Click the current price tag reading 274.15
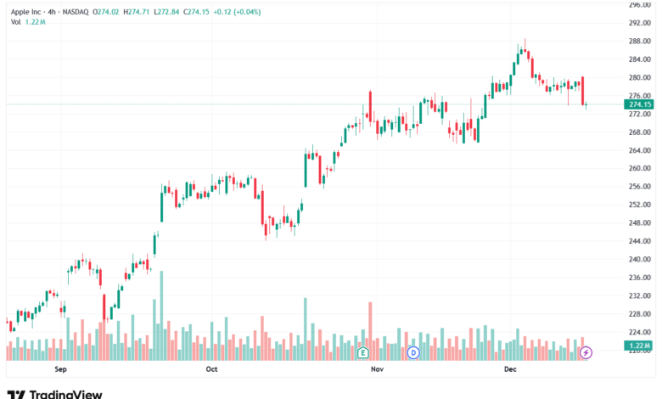pyautogui.click(x=637, y=104)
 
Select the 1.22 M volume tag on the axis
pyautogui.click(x=637, y=346)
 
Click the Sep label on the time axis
pyautogui.click(x=60, y=369)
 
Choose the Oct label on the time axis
pyautogui.click(x=212, y=369)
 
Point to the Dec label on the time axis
pyautogui.click(x=511, y=369)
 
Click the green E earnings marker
pyautogui.click(x=362, y=351)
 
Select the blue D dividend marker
pyautogui.click(x=413, y=351)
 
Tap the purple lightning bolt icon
pyautogui.click(x=586, y=351)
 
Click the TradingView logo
pyautogui.click(x=54, y=394)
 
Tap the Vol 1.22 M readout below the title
pyautogui.click(x=29, y=22)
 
